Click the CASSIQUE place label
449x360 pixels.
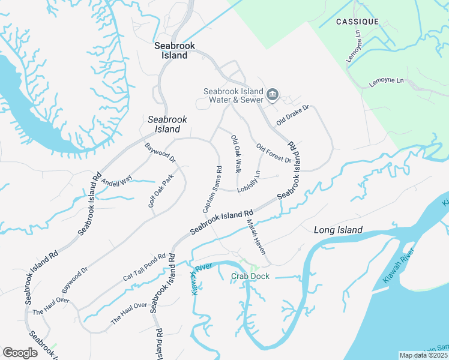(x=357, y=22)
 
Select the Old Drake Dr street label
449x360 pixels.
(x=292, y=115)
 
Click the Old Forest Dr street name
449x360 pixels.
(x=273, y=153)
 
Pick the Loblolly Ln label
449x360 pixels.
(x=249, y=182)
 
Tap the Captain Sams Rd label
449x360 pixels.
(x=212, y=189)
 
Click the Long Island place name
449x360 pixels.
(x=338, y=230)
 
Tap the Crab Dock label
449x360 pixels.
(x=250, y=276)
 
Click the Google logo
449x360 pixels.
(x=20, y=353)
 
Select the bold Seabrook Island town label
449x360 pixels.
(x=171, y=50)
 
